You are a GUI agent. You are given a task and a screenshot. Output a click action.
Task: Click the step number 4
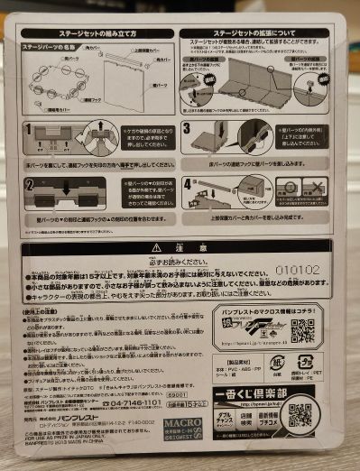click(187, 183)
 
